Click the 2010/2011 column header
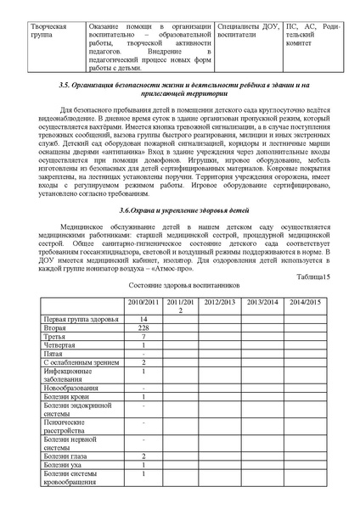[143, 302]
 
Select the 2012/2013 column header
[218, 302]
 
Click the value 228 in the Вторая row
[143, 327]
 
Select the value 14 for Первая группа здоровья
[143, 318]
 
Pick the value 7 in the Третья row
[143, 337]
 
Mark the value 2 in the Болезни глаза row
[143, 456]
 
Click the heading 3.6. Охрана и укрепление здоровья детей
[179, 209]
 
